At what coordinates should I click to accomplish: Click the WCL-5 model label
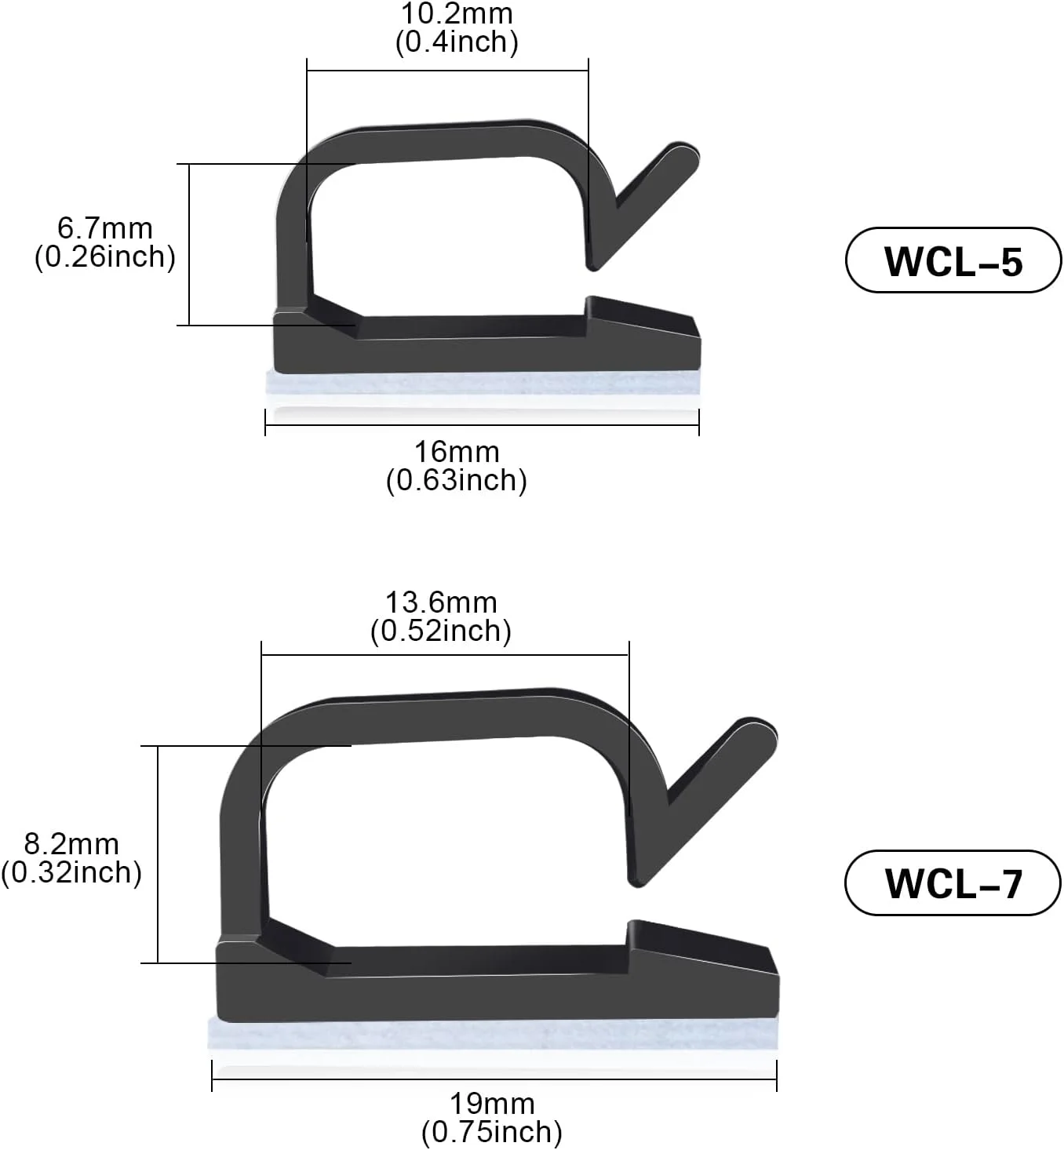953,260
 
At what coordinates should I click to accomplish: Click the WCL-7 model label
953,883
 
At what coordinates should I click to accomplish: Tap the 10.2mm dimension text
457,14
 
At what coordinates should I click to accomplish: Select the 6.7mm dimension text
105,228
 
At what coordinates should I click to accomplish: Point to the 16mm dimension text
457,452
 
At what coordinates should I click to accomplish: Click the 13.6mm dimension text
441,602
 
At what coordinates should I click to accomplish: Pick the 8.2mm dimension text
71,844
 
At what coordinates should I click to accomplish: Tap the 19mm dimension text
492,1104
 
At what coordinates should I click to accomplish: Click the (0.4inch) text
457,42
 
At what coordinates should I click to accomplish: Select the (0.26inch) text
105,257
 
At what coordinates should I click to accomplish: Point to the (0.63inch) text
457,480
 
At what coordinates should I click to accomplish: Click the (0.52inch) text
441,631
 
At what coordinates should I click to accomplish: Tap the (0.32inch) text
71,872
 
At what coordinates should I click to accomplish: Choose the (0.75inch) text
492,1132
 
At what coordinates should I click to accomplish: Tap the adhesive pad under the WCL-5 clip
483,384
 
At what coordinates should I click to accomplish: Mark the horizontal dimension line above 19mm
494,1080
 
